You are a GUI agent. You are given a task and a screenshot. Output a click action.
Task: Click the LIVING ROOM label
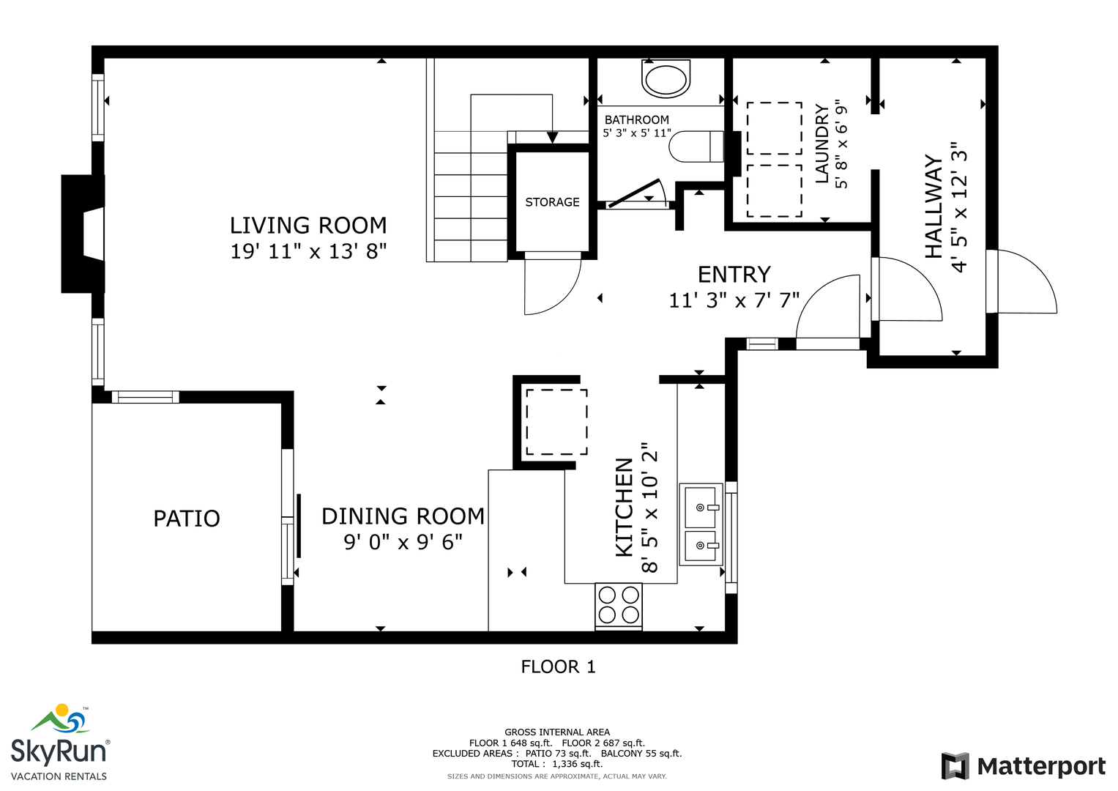(x=308, y=226)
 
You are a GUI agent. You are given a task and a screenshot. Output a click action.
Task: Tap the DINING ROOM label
(x=403, y=516)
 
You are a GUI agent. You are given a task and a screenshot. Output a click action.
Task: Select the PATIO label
(x=187, y=519)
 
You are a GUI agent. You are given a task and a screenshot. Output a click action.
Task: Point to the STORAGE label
(x=552, y=202)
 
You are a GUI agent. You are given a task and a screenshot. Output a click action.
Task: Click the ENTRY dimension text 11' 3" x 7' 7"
(x=734, y=300)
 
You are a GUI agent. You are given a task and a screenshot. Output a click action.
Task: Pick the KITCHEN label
(x=625, y=508)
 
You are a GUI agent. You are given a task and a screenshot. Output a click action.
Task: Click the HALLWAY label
(x=933, y=207)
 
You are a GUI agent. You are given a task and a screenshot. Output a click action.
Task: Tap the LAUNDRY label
(x=821, y=144)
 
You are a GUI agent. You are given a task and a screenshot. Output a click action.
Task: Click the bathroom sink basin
(x=666, y=79)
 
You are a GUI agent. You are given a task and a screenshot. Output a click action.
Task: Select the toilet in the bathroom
(x=696, y=146)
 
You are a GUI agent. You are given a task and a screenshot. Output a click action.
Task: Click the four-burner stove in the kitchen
(x=619, y=605)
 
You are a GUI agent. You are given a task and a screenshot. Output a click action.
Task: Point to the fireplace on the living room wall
(x=83, y=234)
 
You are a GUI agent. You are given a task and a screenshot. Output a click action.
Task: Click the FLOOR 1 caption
(x=558, y=666)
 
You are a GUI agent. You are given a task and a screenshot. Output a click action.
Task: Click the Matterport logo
(x=1023, y=766)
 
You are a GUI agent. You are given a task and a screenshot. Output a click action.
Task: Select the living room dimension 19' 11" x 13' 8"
(x=308, y=251)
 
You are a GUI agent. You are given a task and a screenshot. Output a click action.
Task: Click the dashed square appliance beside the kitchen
(x=556, y=422)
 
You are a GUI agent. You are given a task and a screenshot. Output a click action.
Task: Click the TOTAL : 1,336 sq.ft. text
(x=557, y=763)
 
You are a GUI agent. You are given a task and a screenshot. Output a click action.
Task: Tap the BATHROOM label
(x=636, y=120)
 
